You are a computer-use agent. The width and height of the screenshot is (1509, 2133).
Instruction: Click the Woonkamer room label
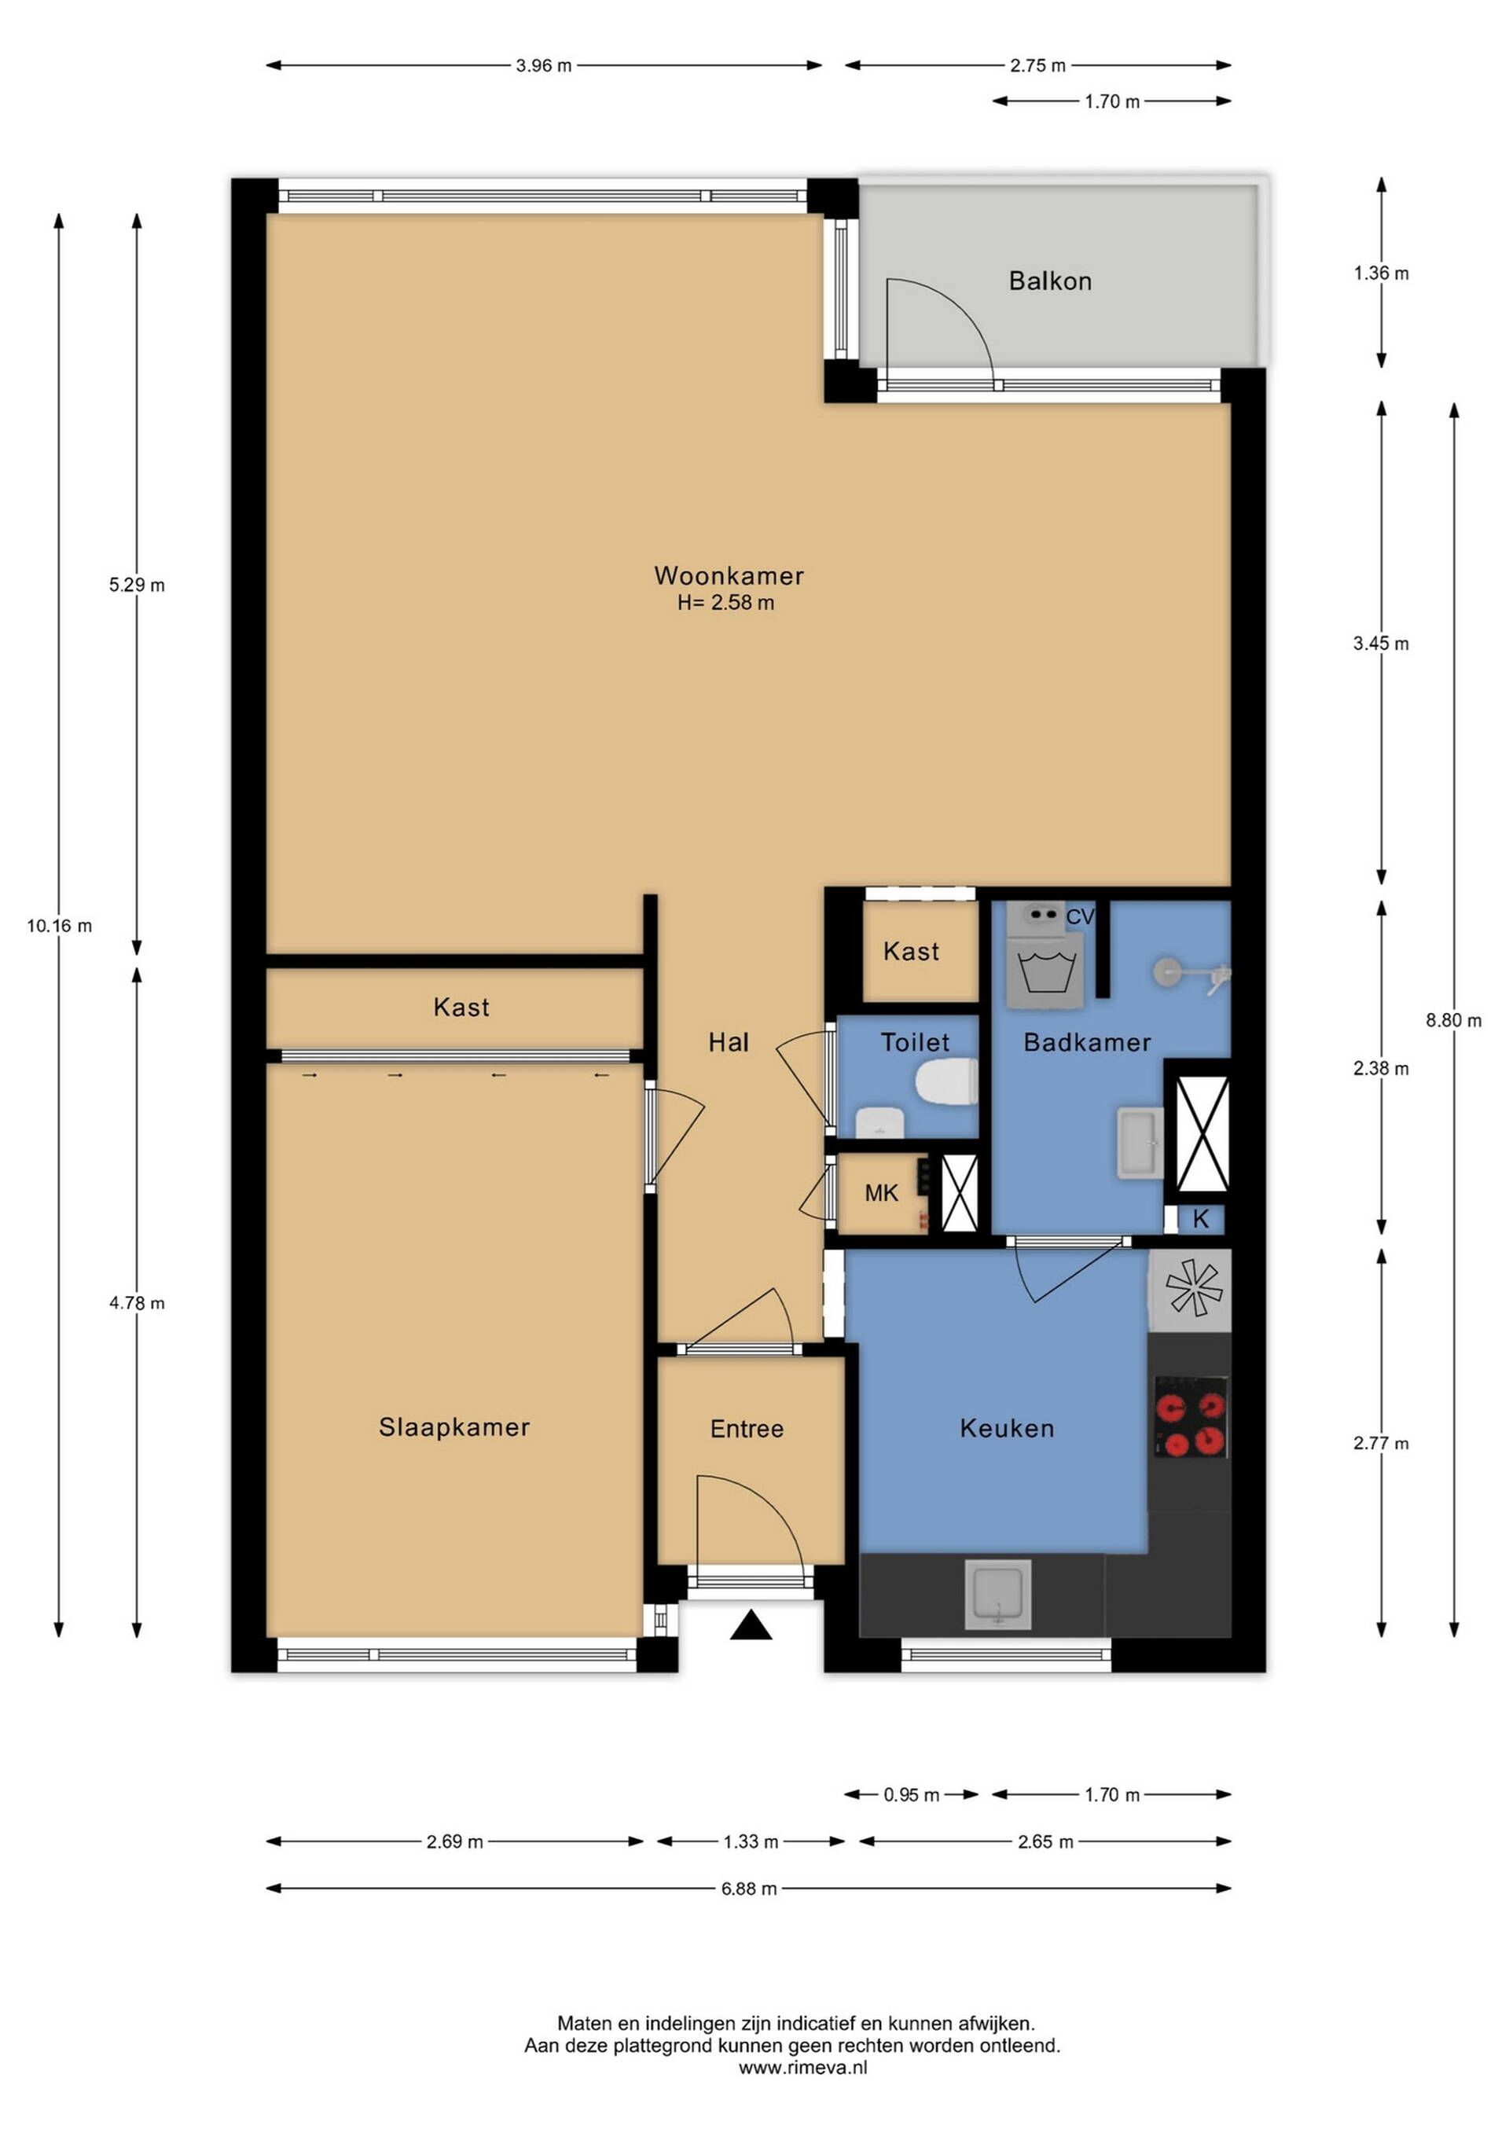click(729, 575)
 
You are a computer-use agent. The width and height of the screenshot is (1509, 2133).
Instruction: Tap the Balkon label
click(1050, 281)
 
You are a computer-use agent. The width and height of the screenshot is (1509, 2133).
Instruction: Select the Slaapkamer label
click(453, 1427)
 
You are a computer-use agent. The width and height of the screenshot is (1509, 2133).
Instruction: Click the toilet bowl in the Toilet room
click(947, 1082)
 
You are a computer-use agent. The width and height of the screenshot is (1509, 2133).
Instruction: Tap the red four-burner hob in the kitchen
click(1190, 1417)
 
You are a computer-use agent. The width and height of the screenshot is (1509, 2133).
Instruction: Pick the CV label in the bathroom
click(1080, 917)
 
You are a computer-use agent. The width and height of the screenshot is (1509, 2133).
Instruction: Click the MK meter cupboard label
click(881, 1193)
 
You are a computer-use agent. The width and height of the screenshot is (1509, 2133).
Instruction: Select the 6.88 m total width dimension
click(749, 1888)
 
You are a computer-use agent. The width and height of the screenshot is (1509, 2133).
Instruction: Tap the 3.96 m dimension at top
click(544, 66)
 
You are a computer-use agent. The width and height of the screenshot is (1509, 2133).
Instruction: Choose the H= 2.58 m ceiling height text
click(725, 602)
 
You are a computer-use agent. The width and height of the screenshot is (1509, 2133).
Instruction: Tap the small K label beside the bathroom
click(1200, 1220)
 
